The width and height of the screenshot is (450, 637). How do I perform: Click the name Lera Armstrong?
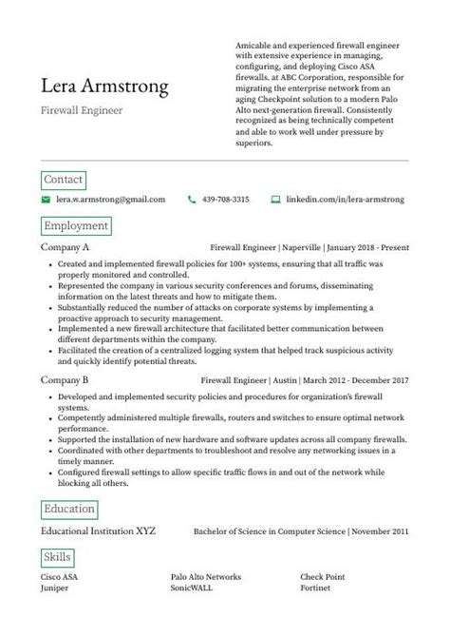coord(105,87)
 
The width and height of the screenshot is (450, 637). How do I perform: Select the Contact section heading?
coord(64,179)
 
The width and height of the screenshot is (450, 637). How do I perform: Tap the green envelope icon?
coord(46,200)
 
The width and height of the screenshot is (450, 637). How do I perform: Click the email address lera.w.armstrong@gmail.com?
coord(111,200)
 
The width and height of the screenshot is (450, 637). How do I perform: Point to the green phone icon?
coord(192,200)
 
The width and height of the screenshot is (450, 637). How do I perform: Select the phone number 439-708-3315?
coord(227,200)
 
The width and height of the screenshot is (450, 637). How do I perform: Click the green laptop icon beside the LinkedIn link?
coord(275,200)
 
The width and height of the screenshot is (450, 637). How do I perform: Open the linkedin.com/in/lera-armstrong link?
coord(346,200)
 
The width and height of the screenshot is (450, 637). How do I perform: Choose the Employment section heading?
coord(76,226)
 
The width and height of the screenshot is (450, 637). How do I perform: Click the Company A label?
coord(66,247)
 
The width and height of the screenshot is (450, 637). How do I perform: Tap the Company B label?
coord(66,379)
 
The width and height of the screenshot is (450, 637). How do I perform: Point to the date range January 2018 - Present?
coord(364,247)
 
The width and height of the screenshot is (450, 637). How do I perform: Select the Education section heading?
coord(69,509)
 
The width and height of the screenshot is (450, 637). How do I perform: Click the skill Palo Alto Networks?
coord(206,576)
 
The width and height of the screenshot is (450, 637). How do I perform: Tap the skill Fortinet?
coord(316,589)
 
